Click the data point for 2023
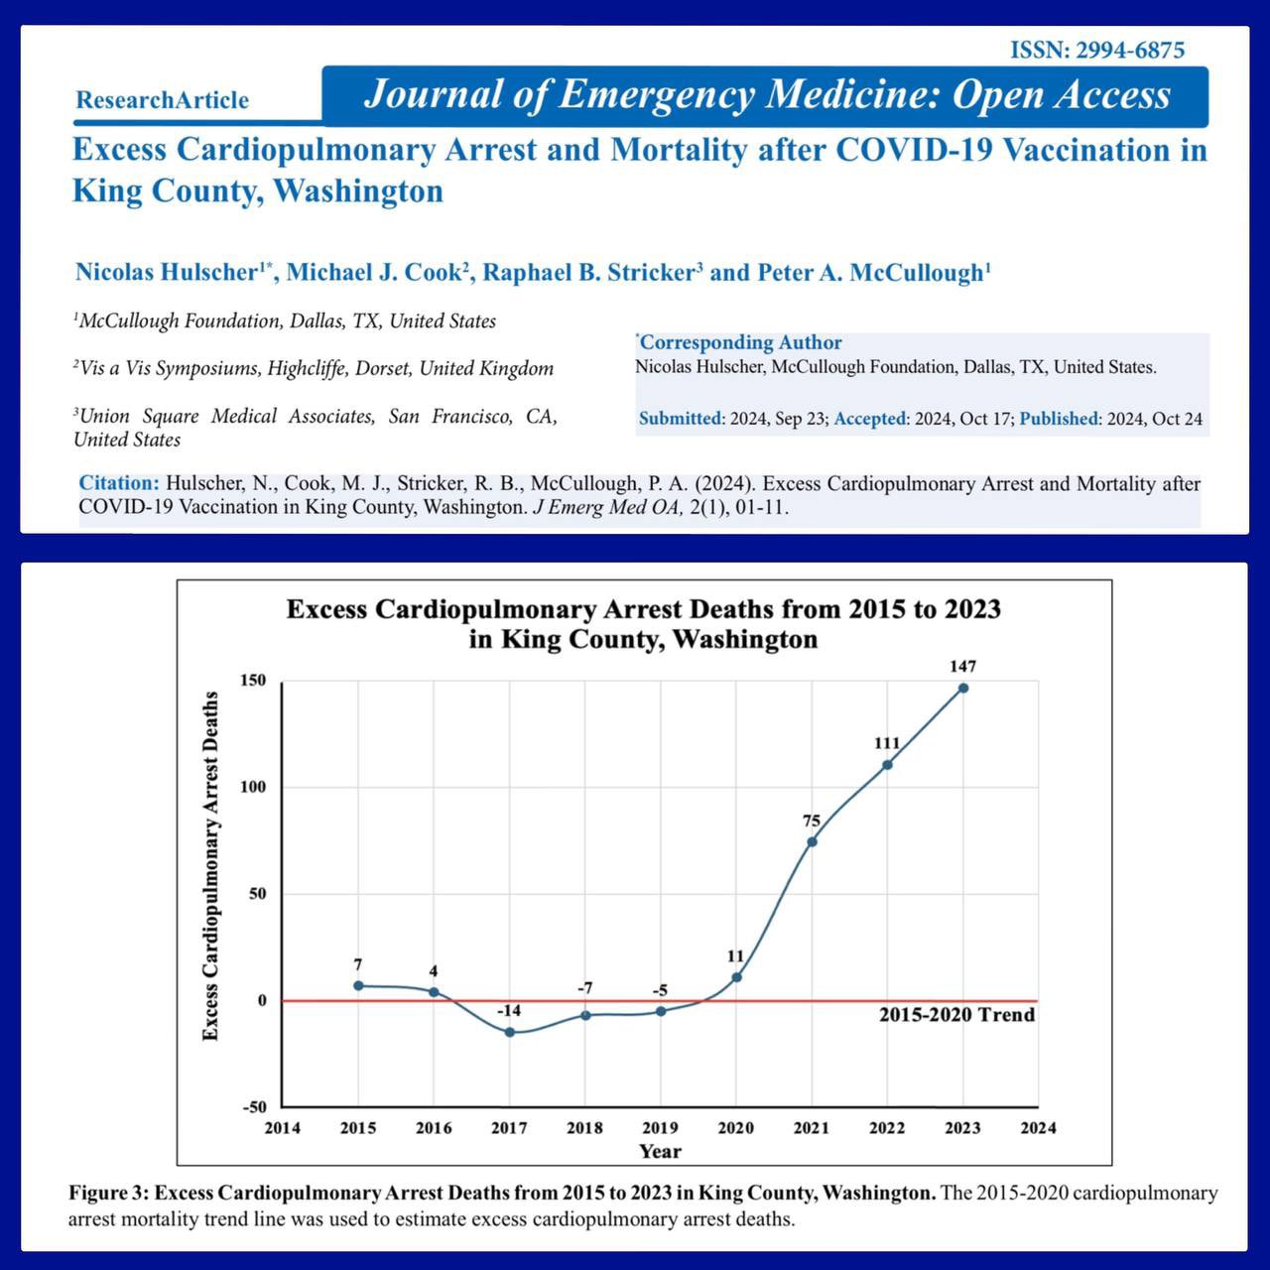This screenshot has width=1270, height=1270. [962, 688]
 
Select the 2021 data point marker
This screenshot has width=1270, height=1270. [812, 841]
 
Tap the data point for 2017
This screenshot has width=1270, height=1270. [509, 1032]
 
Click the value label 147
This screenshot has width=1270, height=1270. [962, 667]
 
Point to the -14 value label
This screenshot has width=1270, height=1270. [509, 1010]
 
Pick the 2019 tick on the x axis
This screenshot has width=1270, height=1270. [660, 1127]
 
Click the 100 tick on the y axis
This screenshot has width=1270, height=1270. [253, 787]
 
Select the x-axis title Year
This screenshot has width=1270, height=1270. [660, 1151]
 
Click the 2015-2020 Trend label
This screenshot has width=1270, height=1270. [956, 1015]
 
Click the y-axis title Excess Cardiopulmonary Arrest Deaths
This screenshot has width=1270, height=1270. [209, 866]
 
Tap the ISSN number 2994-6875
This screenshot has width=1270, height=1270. [1097, 50]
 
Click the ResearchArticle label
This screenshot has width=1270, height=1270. [162, 100]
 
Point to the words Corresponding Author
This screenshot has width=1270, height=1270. [740, 342]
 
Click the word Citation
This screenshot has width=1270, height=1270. [118, 484]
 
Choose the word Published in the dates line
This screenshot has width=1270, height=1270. [1060, 419]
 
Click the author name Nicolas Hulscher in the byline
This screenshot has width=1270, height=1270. [166, 273]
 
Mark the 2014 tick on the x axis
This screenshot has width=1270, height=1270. [282, 1127]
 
